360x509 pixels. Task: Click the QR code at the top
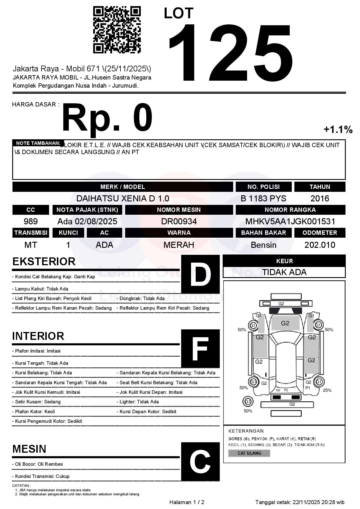tap(117, 30)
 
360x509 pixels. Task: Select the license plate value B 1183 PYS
tap(263, 198)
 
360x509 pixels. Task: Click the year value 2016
tap(320, 198)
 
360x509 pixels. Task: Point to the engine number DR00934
tap(179, 221)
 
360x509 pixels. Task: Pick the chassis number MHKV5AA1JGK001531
tap(290, 221)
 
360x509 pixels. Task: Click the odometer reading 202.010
tap(320, 245)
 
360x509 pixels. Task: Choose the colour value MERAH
tap(179, 245)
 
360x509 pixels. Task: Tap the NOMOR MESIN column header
tap(179, 210)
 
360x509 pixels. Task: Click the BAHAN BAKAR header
tap(263, 233)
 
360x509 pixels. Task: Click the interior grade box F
tap(200, 349)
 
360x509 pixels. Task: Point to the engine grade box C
tap(200, 461)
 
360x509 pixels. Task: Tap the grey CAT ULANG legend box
tap(249, 453)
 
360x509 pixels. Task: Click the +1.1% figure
tap(338, 129)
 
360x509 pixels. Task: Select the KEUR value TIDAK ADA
tap(284, 272)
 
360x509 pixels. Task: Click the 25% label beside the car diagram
tap(327, 390)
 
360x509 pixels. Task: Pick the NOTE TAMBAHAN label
tap(38, 143)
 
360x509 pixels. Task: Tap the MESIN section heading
tap(29, 449)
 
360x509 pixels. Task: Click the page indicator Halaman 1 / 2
tap(187, 502)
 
